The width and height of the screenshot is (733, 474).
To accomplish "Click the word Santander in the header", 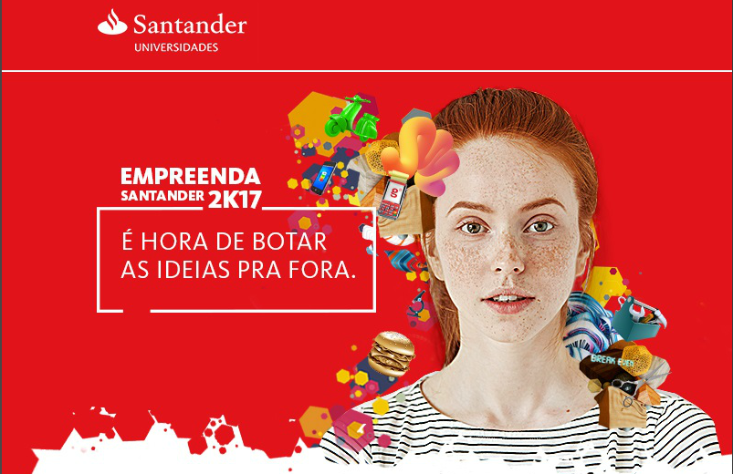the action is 190,25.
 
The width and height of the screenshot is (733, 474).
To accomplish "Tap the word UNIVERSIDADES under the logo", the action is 176,47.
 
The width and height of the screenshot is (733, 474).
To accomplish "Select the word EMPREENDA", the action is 190,177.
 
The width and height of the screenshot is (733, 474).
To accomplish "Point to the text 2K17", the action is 235,200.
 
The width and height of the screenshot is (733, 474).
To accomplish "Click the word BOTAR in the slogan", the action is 289,242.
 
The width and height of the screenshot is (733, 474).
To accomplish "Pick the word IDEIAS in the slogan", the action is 194,270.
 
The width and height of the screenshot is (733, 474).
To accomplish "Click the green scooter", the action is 351,118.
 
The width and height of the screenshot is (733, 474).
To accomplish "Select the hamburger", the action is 392,354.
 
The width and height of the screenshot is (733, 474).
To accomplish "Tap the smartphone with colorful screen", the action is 322,178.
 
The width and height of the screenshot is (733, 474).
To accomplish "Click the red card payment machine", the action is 393,195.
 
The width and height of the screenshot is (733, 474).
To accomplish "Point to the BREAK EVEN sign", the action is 613,360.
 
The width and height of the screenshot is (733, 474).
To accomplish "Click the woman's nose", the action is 508,260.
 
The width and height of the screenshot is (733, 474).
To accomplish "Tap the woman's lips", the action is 508,299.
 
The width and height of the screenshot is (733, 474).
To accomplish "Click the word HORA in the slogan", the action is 174,242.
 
